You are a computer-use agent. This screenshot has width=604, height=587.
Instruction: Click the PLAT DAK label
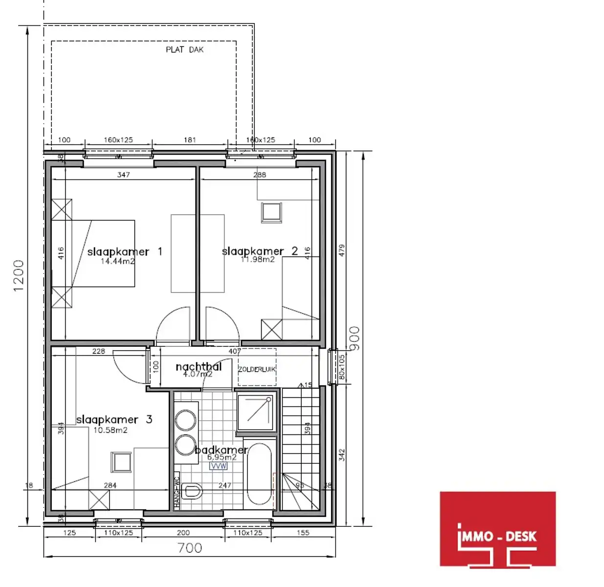[x=184, y=49]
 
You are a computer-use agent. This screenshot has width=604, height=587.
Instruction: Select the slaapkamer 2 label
[x=260, y=251]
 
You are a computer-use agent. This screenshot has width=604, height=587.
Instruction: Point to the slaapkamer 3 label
[x=114, y=419]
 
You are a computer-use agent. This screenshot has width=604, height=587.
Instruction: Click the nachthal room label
[x=198, y=366]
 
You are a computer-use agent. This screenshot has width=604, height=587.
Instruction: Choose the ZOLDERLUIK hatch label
[x=257, y=369]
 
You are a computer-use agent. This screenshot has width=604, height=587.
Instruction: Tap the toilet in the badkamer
[x=192, y=491]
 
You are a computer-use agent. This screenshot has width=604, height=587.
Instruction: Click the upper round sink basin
[x=186, y=420]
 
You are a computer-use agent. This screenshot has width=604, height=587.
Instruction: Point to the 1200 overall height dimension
[x=19, y=275]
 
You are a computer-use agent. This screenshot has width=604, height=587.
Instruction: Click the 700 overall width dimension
[x=190, y=548]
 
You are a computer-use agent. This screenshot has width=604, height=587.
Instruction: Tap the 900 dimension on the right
[x=355, y=338]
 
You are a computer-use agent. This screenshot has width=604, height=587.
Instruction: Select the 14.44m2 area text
[x=117, y=261]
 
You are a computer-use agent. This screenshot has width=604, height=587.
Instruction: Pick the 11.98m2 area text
[x=258, y=260]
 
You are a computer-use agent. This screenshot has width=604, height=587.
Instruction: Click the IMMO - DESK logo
[x=497, y=529]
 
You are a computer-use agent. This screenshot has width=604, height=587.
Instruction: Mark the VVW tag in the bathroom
[x=218, y=466]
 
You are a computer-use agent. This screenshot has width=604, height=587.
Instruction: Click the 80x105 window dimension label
[x=342, y=367]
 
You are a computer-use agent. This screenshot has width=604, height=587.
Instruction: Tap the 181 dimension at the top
[x=190, y=140]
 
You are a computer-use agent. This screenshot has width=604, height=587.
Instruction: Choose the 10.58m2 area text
[x=111, y=430]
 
